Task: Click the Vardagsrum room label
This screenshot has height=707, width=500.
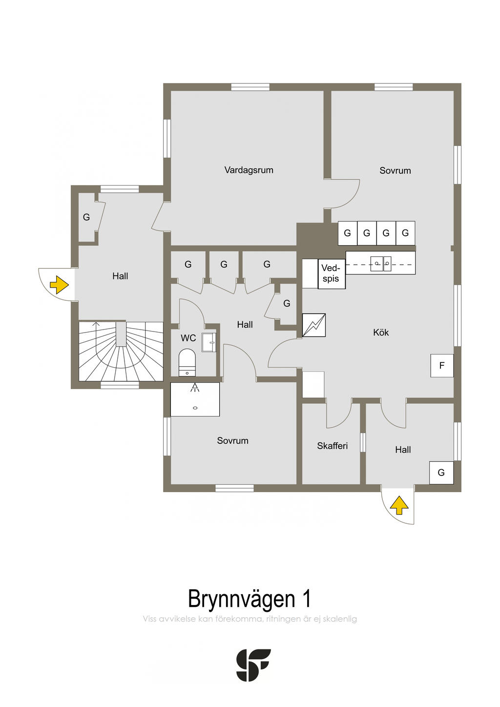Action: [249, 170]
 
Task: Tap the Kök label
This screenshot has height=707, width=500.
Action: [381, 333]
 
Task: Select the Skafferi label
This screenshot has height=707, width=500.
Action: [332, 446]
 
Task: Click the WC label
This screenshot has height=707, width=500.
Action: [188, 338]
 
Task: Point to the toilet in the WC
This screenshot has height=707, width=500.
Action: [187, 362]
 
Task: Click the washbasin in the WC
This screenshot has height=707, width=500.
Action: [209, 342]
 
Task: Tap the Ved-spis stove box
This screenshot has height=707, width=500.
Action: [331, 273]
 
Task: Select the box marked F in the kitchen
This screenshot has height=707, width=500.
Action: [442, 365]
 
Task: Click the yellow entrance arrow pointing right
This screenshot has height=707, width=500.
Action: [59, 285]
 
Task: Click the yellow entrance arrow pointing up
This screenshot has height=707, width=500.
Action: [399, 505]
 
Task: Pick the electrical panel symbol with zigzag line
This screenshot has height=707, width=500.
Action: [313, 325]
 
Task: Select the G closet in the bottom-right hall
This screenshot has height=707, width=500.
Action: [441, 473]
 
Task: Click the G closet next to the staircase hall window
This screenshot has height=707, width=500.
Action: [87, 217]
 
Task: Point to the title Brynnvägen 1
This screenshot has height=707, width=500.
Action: [250, 599]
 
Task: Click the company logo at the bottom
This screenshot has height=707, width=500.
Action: [253, 665]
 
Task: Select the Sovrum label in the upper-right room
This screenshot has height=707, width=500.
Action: [395, 170]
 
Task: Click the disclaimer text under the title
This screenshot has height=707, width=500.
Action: [250, 619]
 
